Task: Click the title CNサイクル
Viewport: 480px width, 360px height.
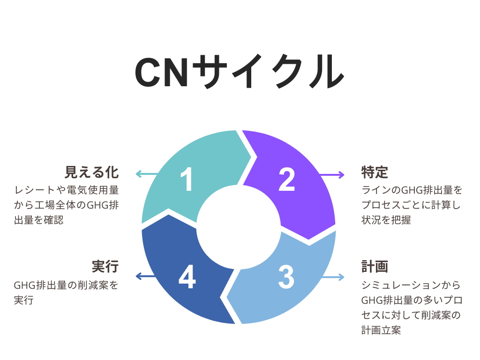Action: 240,72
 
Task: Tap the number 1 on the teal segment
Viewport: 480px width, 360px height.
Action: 187,180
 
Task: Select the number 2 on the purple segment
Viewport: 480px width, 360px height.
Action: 286,180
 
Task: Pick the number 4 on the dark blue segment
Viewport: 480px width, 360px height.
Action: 187,277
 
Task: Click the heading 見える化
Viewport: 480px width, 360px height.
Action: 91,172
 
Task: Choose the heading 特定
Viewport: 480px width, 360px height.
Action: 375,172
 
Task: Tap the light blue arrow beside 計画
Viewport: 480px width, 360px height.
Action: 334,277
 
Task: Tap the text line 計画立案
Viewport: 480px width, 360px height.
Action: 381,330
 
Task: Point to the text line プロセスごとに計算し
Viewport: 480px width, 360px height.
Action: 411,205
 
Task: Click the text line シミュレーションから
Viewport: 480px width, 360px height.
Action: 411,285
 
